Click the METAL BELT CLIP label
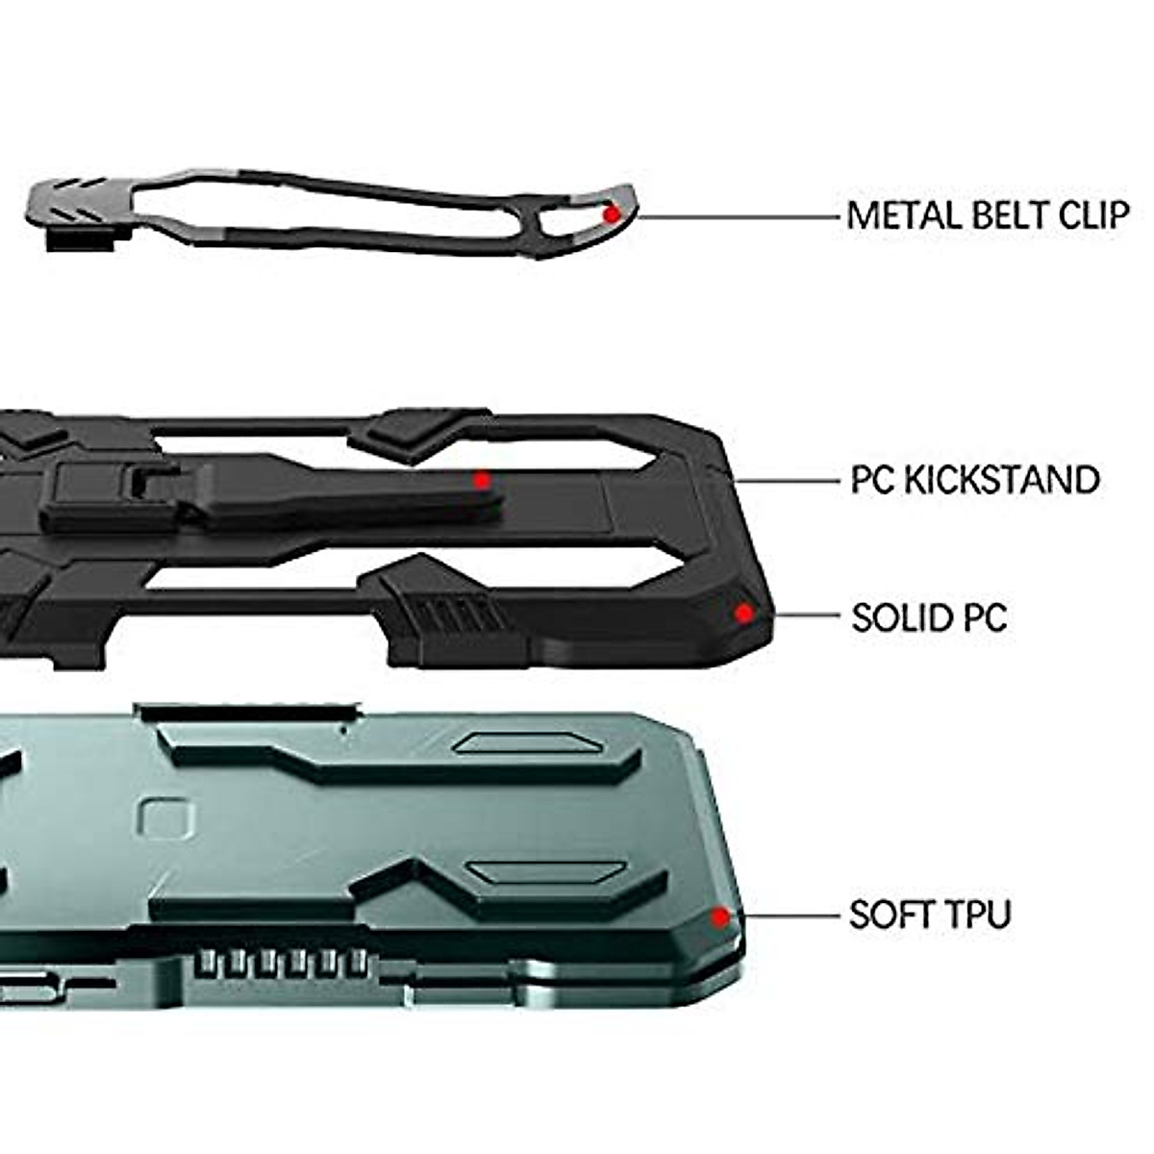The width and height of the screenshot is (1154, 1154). tap(988, 214)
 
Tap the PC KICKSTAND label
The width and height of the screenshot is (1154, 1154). tap(975, 479)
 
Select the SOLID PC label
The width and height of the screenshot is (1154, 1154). tap(929, 616)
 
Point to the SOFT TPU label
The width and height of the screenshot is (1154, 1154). tap(930, 914)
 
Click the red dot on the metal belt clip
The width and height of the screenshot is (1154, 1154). tap(612, 214)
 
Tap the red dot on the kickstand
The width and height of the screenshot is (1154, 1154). tap(483, 480)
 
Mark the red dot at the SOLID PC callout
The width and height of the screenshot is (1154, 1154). tap(743, 613)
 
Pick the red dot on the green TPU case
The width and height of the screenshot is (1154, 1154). tap(719, 916)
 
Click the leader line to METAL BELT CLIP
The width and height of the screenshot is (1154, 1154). tap(740, 217)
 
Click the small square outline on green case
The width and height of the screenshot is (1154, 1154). tap(161, 818)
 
